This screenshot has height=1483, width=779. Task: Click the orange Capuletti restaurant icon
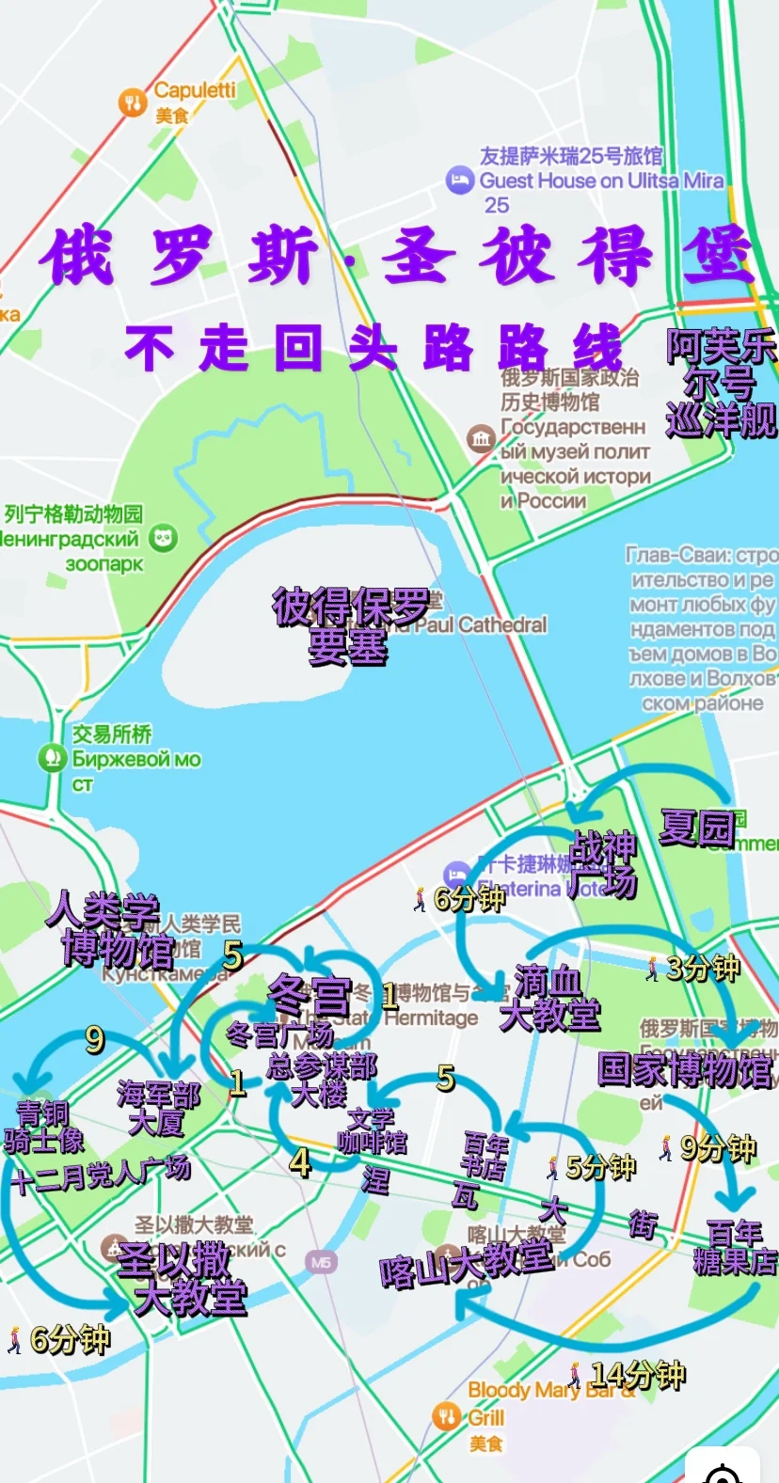(x=133, y=103)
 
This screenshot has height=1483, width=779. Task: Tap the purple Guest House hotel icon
(x=459, y=180)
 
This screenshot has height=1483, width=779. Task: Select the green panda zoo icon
(x=163, y=538)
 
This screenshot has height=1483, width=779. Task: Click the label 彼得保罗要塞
(x=349, y=626)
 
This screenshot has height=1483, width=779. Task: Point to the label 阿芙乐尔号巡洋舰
(x=721, y=384)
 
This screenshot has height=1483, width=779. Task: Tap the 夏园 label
(x=697, y=828)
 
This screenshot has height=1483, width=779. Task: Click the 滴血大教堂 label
(x=549, y=999)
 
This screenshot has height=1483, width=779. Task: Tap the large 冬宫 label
(x=310, y=995)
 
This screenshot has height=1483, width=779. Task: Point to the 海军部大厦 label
(x=158, y=1109)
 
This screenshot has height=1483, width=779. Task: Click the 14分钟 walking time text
(x=637, y=1375)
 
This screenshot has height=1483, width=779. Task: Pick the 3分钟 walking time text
(x=702, y=968)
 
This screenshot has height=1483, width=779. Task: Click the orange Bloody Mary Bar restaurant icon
(x=446, y=1414)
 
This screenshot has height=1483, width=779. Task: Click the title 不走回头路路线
(x=373, y=349)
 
